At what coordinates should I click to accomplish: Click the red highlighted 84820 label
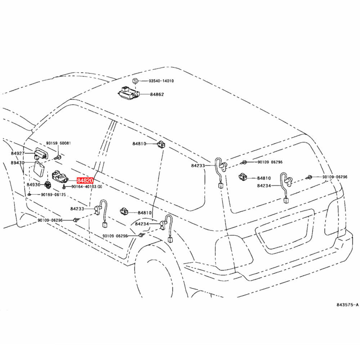[85, 180]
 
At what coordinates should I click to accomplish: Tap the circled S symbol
[135, 81]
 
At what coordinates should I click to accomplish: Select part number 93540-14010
[161, 81]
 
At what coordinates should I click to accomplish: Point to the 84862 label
[157, 94]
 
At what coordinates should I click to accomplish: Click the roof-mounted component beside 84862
[129, 93]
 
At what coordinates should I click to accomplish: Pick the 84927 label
[18, 153]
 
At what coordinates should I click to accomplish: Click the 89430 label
[18, 163]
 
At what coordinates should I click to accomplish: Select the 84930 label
[33, 185]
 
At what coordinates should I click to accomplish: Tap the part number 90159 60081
[59, 143]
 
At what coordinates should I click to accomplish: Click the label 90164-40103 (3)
[87, 186]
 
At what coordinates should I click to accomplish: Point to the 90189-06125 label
[54, 194]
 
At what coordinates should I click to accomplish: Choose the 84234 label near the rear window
[264, 185]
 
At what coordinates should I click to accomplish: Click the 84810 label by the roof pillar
[139, 144]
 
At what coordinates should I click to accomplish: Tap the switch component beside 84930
[48, 184]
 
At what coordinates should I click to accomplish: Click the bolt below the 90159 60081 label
[58, 158]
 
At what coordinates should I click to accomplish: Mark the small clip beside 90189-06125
[30, 194]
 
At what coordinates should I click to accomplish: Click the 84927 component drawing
[40, 153]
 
